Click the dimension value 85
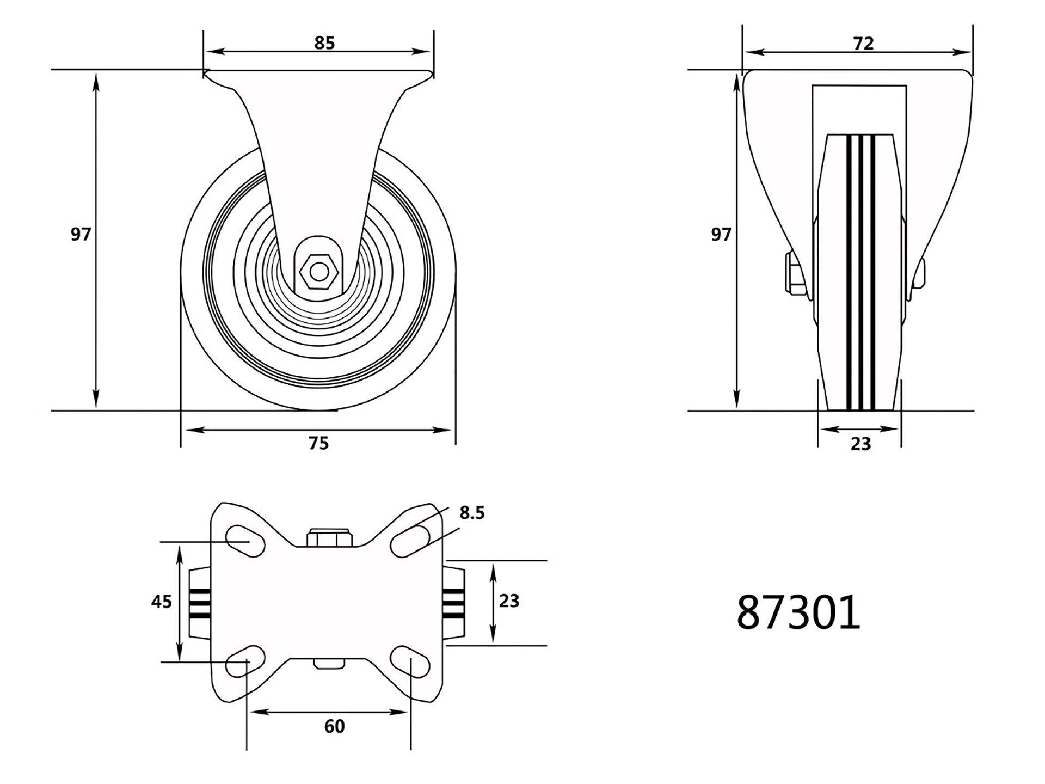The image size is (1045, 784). click(x=324, y=43)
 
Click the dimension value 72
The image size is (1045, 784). click(x=863, y=44)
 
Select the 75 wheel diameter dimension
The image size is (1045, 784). click(x=319, y=443)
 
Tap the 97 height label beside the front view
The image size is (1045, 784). click(x=81, y=235)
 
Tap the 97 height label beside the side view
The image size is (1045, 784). click(x=721, y=235)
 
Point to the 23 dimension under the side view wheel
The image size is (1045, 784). click(x=860, y=444)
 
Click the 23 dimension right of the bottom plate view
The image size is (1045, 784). click(x=509, y=601)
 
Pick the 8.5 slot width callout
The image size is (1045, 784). click(x=471, y=513)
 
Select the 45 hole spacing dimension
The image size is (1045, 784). click(x=161, y=602)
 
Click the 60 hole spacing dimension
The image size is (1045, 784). click(x=334, y=726)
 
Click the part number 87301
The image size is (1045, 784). click(x=798, y=612)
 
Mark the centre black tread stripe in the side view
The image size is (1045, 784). click(x=861, y=272)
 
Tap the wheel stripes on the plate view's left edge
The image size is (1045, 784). click(x=199, y=602)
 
